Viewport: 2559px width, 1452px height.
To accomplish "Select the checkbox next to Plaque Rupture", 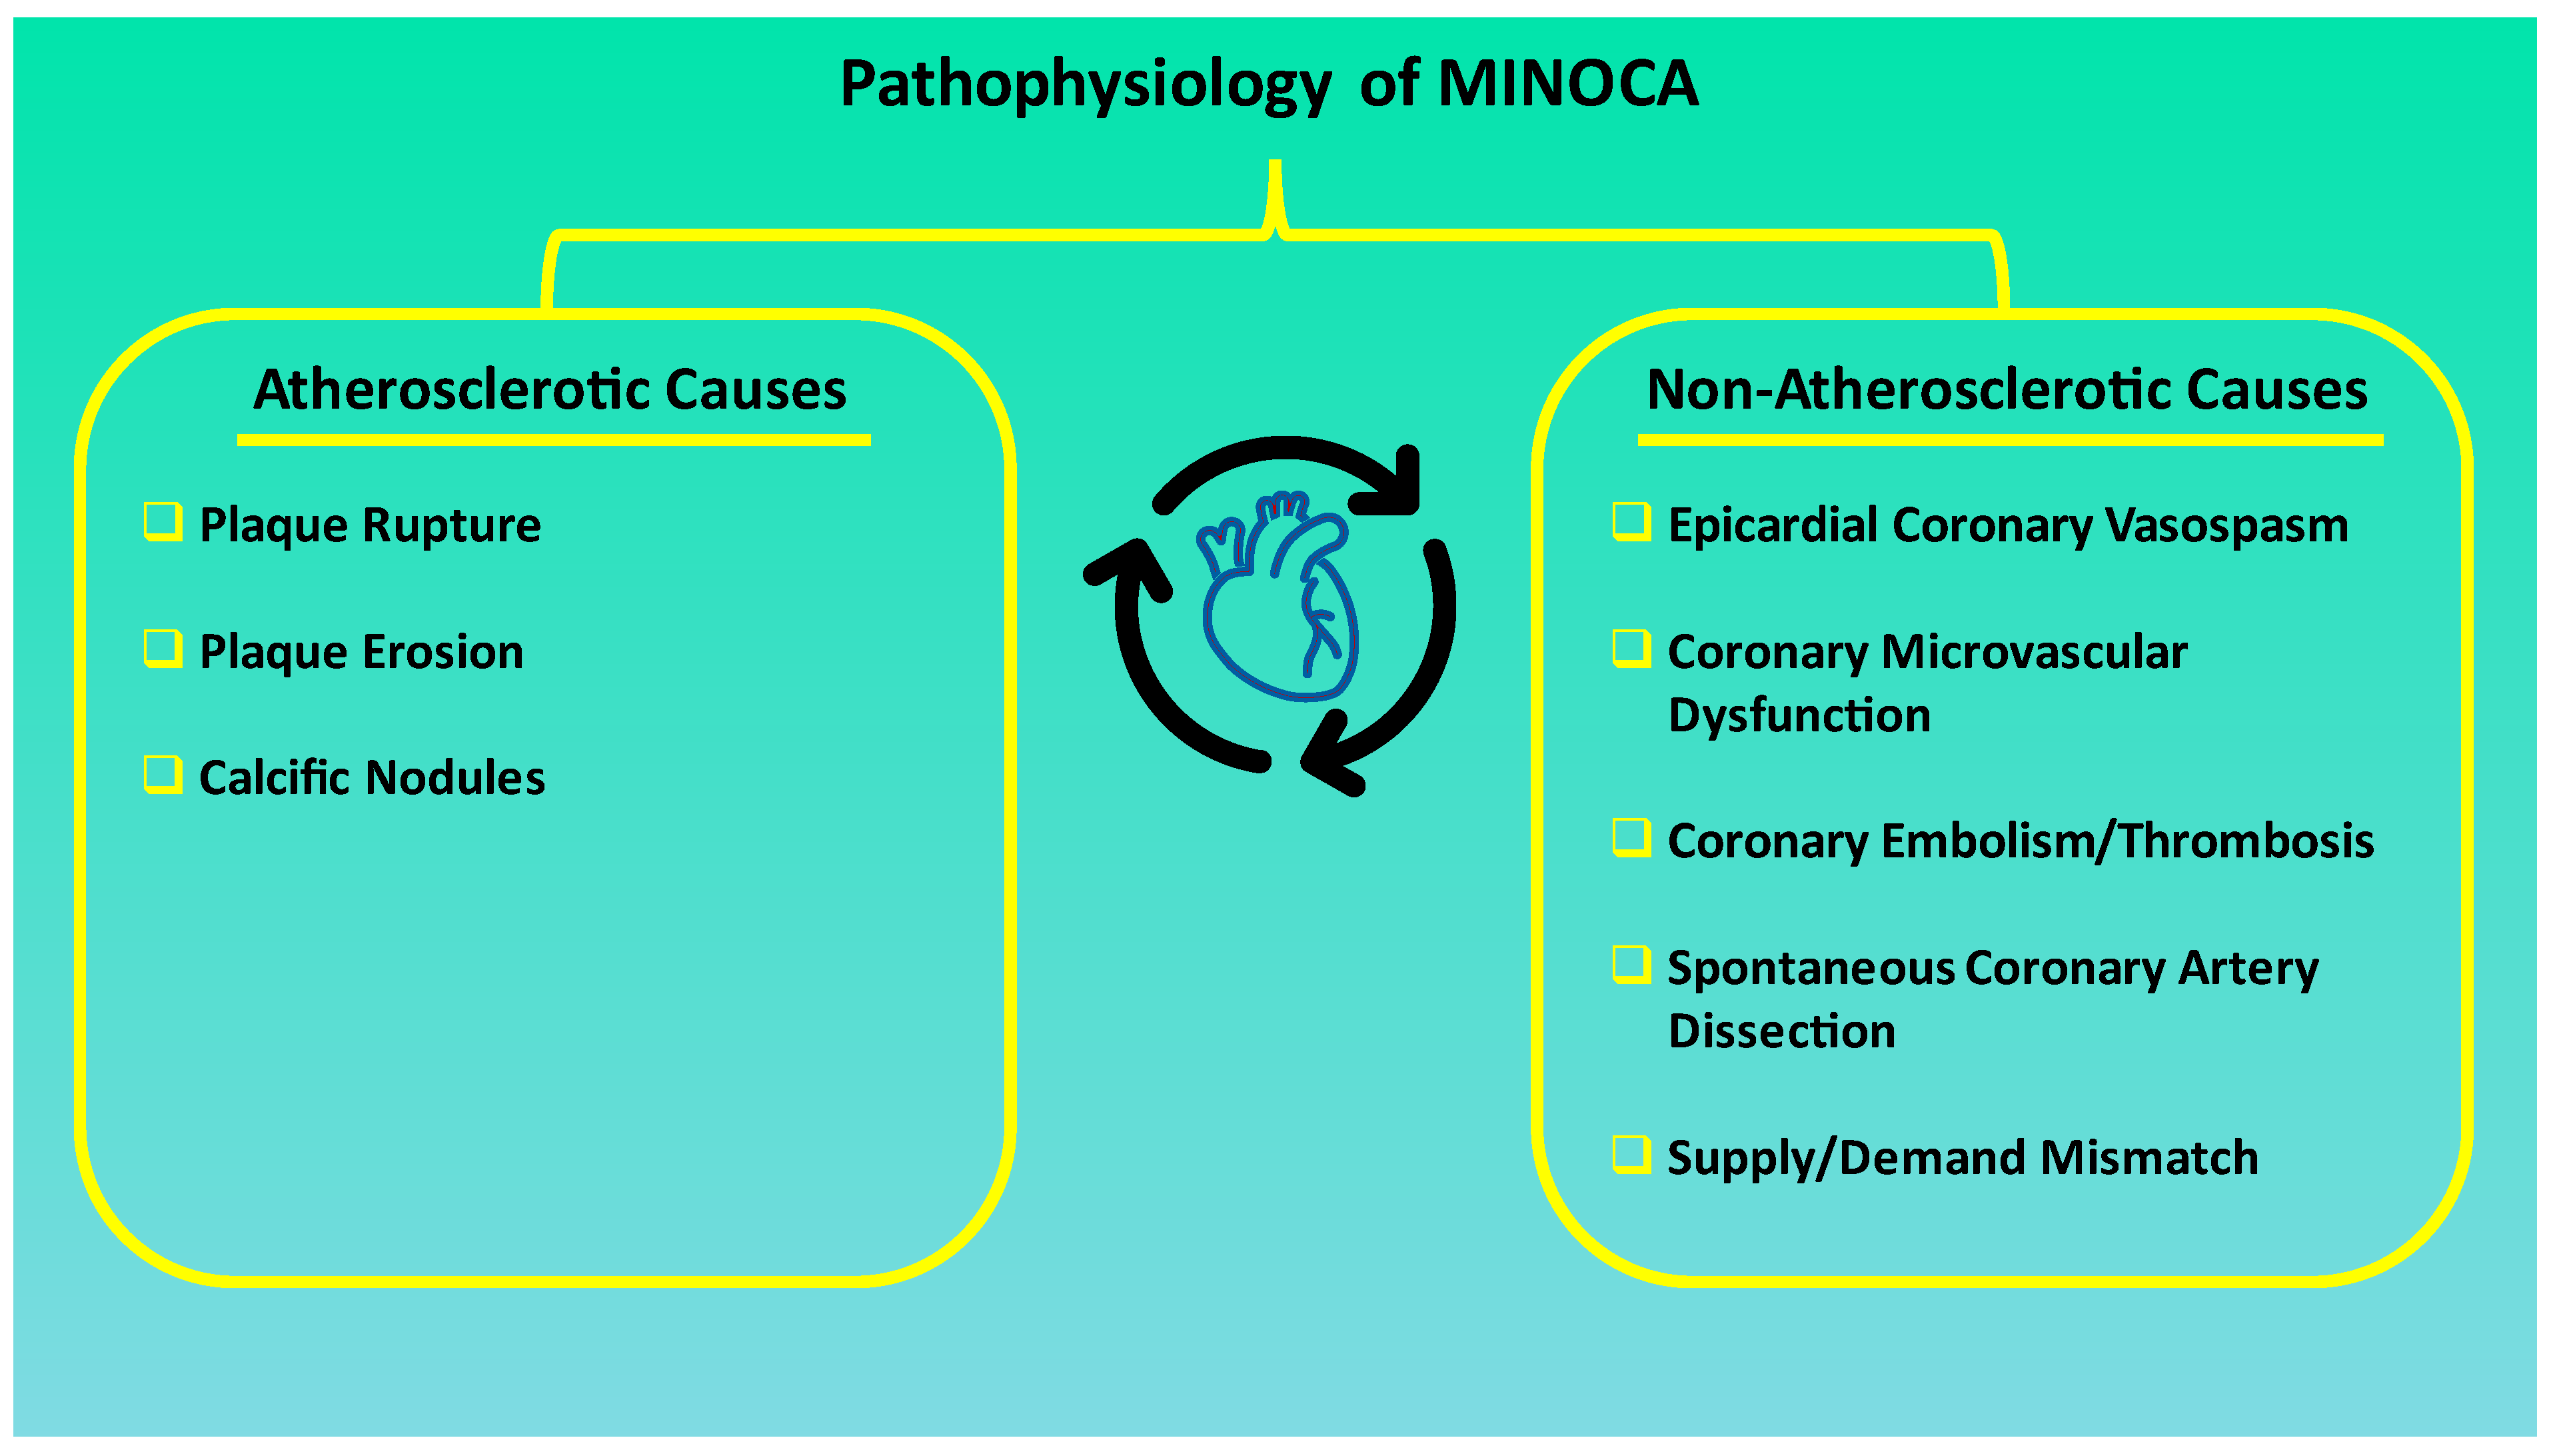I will point(163,521).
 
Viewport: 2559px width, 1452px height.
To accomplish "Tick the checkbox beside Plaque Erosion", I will point(163,648).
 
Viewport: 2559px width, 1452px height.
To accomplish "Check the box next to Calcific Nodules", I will point(163,775).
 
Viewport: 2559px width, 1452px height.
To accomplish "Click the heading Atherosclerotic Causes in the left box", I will point(549,390).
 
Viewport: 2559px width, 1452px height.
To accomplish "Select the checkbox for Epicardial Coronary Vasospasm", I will point(1631,521).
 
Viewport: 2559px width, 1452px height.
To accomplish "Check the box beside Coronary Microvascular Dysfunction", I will point(1631,648).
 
